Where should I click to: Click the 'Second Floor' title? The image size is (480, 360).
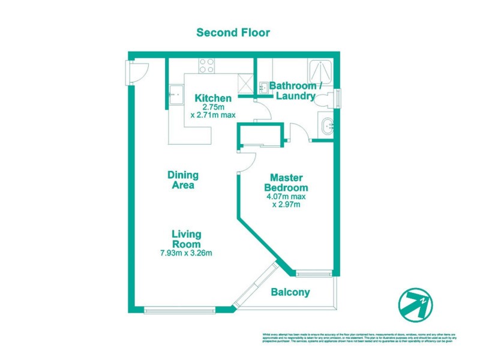coord(233,32)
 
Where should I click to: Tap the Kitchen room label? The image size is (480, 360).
coord(212,98)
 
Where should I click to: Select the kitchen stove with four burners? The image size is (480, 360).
coord(207,65)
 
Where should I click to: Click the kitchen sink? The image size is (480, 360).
coord(176,94)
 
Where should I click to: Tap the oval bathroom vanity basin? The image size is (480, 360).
coord(327,127)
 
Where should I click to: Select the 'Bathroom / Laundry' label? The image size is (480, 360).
coord(295,91)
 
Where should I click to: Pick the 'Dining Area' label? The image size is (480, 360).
coord(182,180)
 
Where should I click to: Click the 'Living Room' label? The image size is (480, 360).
coord(187,239)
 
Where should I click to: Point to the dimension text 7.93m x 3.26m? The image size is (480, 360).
coord(187,253)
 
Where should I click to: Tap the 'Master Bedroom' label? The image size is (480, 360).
coord(285,183)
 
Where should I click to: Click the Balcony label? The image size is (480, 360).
coord(290,293)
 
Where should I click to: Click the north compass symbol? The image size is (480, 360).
coord(416,301)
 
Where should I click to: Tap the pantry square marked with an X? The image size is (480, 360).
coord(245,83)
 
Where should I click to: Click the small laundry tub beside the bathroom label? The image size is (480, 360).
coord(265,88)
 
